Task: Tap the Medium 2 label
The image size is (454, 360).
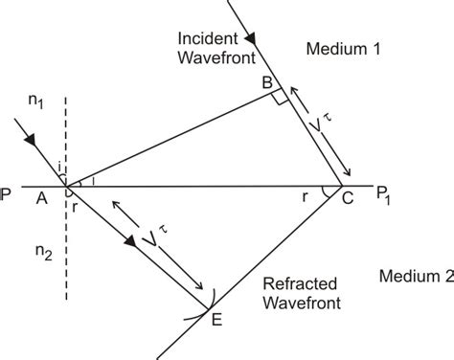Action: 413,277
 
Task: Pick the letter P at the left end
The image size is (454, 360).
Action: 8,192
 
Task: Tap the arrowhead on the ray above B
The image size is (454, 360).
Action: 251,41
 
